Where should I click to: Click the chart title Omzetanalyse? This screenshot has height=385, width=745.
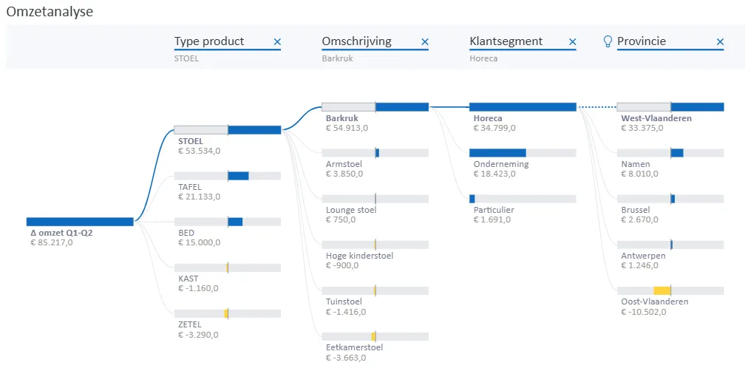(x=50, y=12)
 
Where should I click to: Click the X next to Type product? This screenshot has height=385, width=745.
(x=277, y=42)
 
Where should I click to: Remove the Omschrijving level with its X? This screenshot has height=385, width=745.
(x=425, y=42)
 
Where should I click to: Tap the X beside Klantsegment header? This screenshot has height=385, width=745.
(x=572, y=42)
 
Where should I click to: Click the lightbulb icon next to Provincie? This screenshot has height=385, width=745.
(x=608, y=41)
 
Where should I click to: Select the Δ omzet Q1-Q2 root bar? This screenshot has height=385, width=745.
(x=80, y=222)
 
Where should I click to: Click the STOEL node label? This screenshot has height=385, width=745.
(x=191, y=141)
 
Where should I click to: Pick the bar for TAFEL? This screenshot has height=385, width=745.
(x=238, y=176)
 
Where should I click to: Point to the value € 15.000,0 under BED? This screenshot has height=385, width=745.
(x=199, y=242)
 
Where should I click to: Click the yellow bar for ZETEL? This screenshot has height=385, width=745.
(x=226, y=313)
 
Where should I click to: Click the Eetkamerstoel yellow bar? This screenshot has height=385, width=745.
(x=373, y=336)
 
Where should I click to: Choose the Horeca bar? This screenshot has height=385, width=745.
(x=523, y=107)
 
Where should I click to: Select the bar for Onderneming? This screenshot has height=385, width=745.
(x=497, y=153)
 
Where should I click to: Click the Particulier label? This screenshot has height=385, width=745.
(x=494, y=210)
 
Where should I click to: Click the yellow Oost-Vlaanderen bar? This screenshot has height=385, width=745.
(x=661, y=290)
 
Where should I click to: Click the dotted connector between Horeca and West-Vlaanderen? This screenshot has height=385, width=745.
(x=596, y=107)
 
